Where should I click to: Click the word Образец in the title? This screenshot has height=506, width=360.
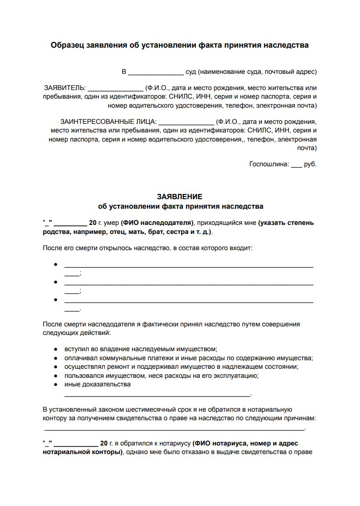[x=67, y=45]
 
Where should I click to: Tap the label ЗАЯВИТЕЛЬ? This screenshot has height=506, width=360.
[x=65, y=88]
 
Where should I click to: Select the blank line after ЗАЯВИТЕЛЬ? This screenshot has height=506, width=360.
[x=115, y=90]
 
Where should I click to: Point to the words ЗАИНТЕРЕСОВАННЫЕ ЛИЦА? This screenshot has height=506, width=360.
[x=109, y=121]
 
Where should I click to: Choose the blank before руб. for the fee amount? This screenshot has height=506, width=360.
[x=296, y=166]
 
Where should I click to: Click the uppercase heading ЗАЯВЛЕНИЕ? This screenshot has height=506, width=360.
[x=180, y=197]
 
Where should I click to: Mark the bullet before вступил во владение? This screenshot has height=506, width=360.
[x=55, y=349]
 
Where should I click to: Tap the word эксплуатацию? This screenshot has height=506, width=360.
[x=235, y=375]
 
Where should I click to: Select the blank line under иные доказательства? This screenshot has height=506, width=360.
[x=157, y=395]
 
